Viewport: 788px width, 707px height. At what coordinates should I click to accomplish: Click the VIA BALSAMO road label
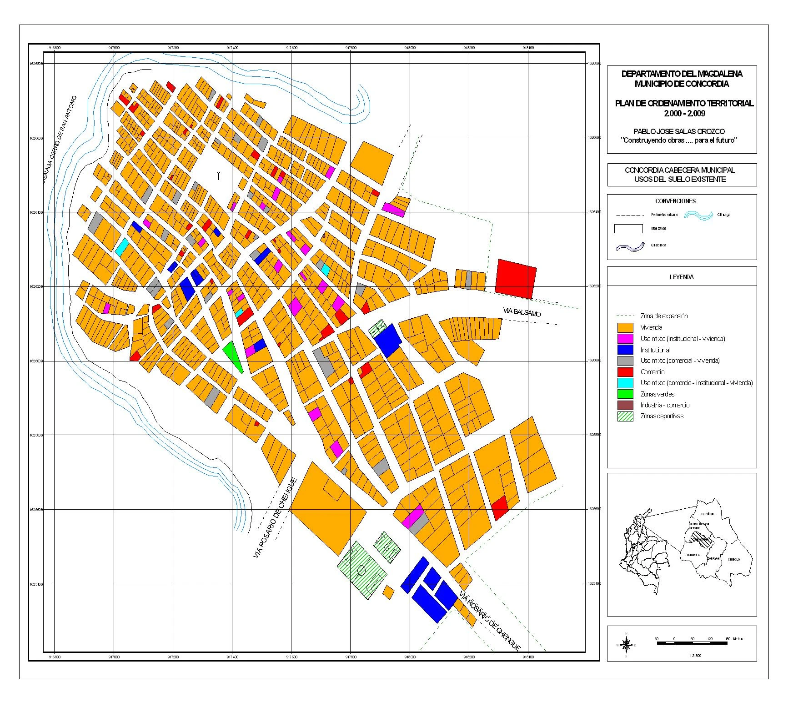[522, 312]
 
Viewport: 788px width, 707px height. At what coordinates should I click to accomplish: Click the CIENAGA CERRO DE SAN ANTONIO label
[60, 139]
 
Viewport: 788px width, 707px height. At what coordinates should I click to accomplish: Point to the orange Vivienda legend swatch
[625, 327]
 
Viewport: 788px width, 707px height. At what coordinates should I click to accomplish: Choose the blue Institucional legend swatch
[625, 350]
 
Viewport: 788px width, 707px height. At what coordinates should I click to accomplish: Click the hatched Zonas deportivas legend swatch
[625, 416]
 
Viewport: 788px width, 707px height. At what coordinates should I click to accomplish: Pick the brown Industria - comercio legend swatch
[625, 405]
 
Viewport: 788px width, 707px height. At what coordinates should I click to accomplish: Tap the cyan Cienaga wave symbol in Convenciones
[698, 215]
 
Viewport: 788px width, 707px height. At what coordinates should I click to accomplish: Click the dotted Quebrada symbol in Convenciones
[630, 247]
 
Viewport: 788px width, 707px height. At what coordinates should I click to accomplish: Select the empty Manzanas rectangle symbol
[628, 229]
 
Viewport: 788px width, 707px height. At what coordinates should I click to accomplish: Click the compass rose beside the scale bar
[626, 644]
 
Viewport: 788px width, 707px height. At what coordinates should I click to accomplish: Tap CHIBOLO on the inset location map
[733, 560]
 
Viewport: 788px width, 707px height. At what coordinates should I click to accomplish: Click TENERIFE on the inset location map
[693, 555]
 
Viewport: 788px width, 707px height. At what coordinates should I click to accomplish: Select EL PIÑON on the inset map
[707, 514]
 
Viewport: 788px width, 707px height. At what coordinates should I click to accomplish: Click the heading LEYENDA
[681, 277]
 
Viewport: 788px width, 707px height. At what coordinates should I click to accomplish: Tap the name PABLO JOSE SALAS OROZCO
[679, 131]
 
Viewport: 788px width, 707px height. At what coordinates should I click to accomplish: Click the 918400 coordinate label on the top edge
[528, 47]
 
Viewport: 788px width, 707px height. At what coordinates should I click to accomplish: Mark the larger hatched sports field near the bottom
[361, 570]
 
